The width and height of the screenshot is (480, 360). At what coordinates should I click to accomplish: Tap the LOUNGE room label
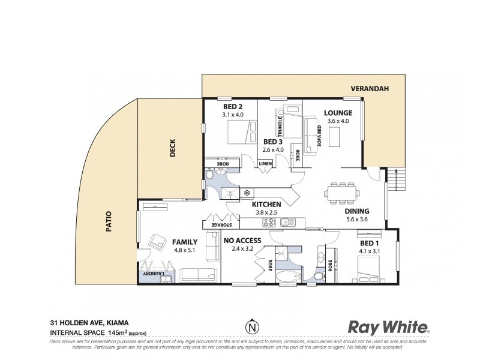(338, 113)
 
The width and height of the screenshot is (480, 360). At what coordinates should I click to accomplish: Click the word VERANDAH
(370, 89)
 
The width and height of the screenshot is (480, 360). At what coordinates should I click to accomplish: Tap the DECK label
(172, 148)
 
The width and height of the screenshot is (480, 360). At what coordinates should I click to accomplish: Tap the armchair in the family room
(159, 242)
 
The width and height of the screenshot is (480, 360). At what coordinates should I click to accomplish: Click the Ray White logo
(389, 328)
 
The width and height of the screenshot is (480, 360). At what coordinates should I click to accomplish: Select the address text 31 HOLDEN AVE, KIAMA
(89, 321)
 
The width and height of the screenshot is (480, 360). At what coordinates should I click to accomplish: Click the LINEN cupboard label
(264, 164)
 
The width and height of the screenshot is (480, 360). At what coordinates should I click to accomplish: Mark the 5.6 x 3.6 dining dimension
(356, 221)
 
